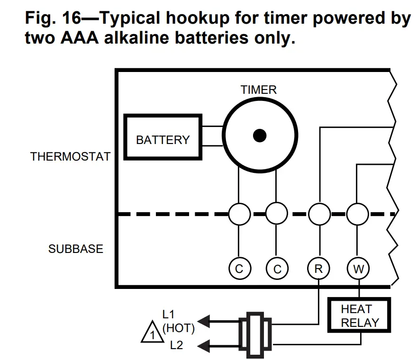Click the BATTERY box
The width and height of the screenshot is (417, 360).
(163, 139)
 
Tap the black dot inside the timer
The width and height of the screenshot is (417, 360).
(259, 136)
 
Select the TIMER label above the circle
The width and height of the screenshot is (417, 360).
(258, 90)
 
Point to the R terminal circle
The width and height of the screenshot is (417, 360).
(318, 269)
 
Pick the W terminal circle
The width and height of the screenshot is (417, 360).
(359, 269)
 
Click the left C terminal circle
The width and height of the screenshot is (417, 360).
(239, 269)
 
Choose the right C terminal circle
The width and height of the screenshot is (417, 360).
(277, 269)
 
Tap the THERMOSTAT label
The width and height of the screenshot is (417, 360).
(70, 157)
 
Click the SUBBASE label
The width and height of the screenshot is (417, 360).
(75, 249)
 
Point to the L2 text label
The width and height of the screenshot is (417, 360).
(176, 345)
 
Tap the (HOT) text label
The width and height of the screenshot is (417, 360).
(179, 327)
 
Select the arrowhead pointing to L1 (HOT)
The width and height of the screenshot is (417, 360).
(204, 322)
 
